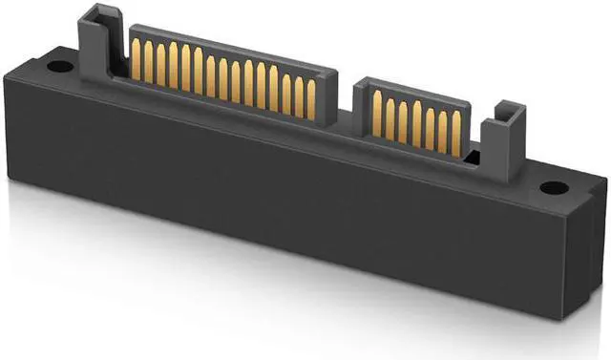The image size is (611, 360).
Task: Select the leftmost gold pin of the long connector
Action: pos(136,61)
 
